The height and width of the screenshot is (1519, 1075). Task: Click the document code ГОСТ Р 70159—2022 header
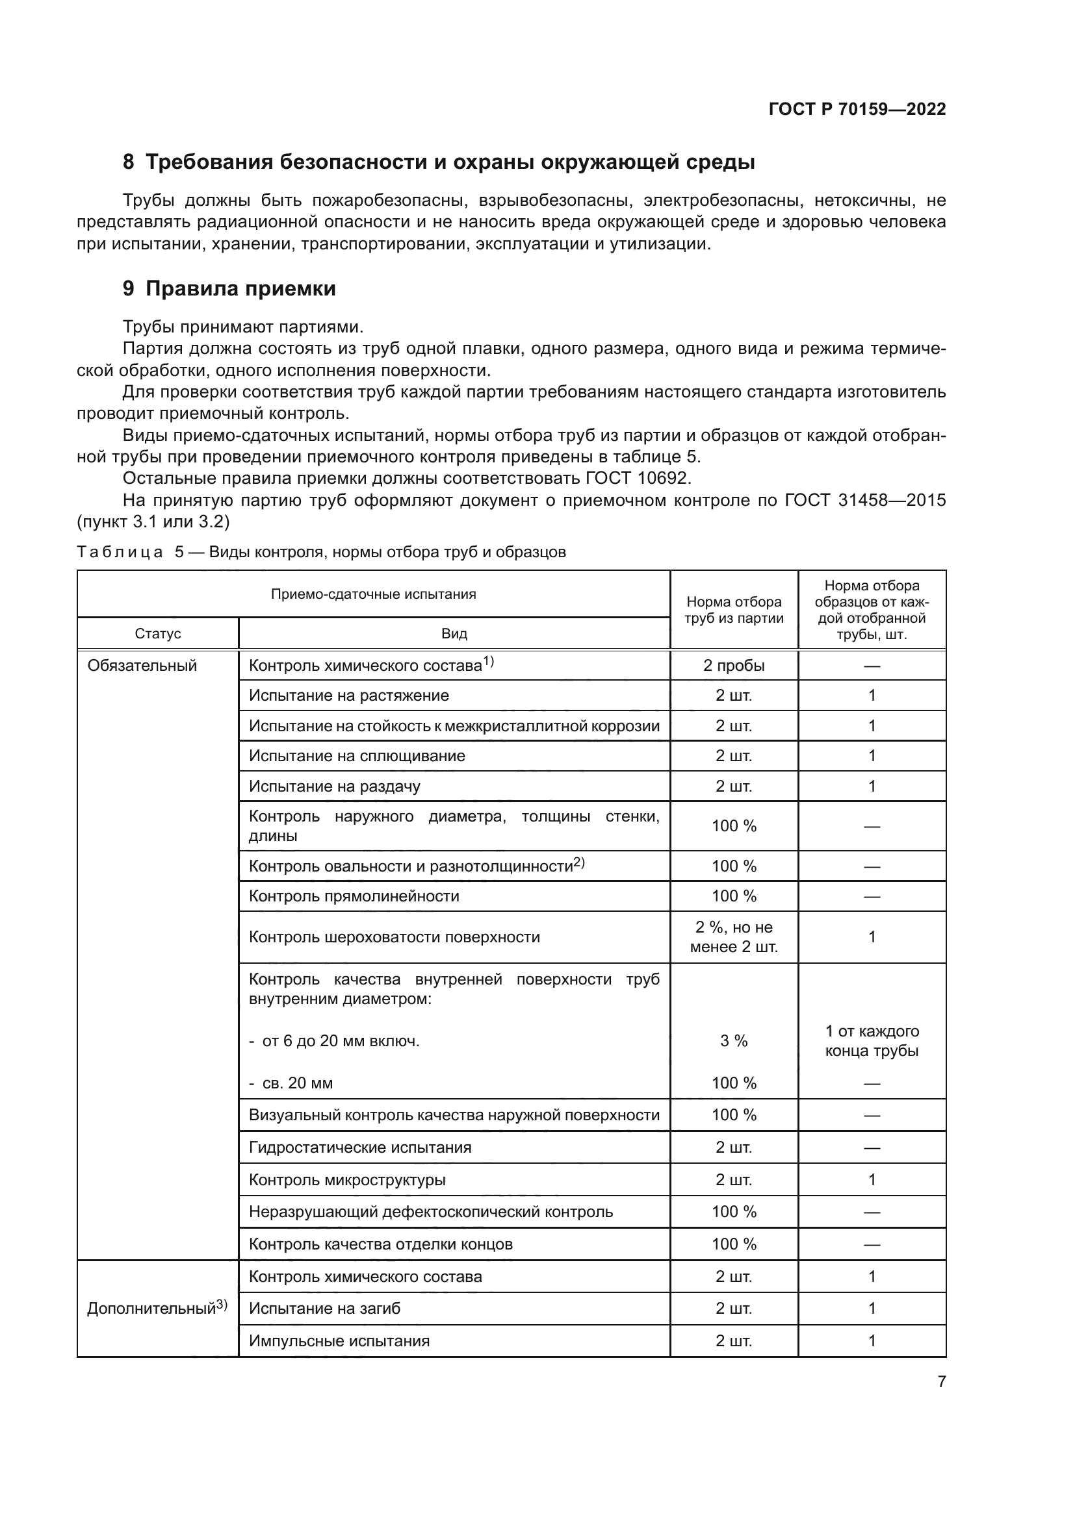857,109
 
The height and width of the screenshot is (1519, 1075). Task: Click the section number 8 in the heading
129,162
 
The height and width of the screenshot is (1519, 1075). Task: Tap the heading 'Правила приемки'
240,288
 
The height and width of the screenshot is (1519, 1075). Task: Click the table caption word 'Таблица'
120,552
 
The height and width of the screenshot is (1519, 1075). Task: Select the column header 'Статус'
157,634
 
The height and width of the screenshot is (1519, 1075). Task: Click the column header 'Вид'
454,634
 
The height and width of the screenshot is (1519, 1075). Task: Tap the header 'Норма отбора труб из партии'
733,610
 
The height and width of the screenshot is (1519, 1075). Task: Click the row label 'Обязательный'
142,666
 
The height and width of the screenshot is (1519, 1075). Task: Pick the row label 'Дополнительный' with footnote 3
157,1308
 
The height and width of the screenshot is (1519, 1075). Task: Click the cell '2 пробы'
733,666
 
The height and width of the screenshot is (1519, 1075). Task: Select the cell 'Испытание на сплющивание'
357,756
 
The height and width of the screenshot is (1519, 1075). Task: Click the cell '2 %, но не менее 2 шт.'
733,937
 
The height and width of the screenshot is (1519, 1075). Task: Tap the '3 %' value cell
733,1040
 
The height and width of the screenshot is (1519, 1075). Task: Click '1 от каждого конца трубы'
871,1040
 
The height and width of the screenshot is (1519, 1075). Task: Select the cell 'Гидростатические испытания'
360,1147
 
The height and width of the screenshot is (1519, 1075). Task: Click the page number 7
941,1381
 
